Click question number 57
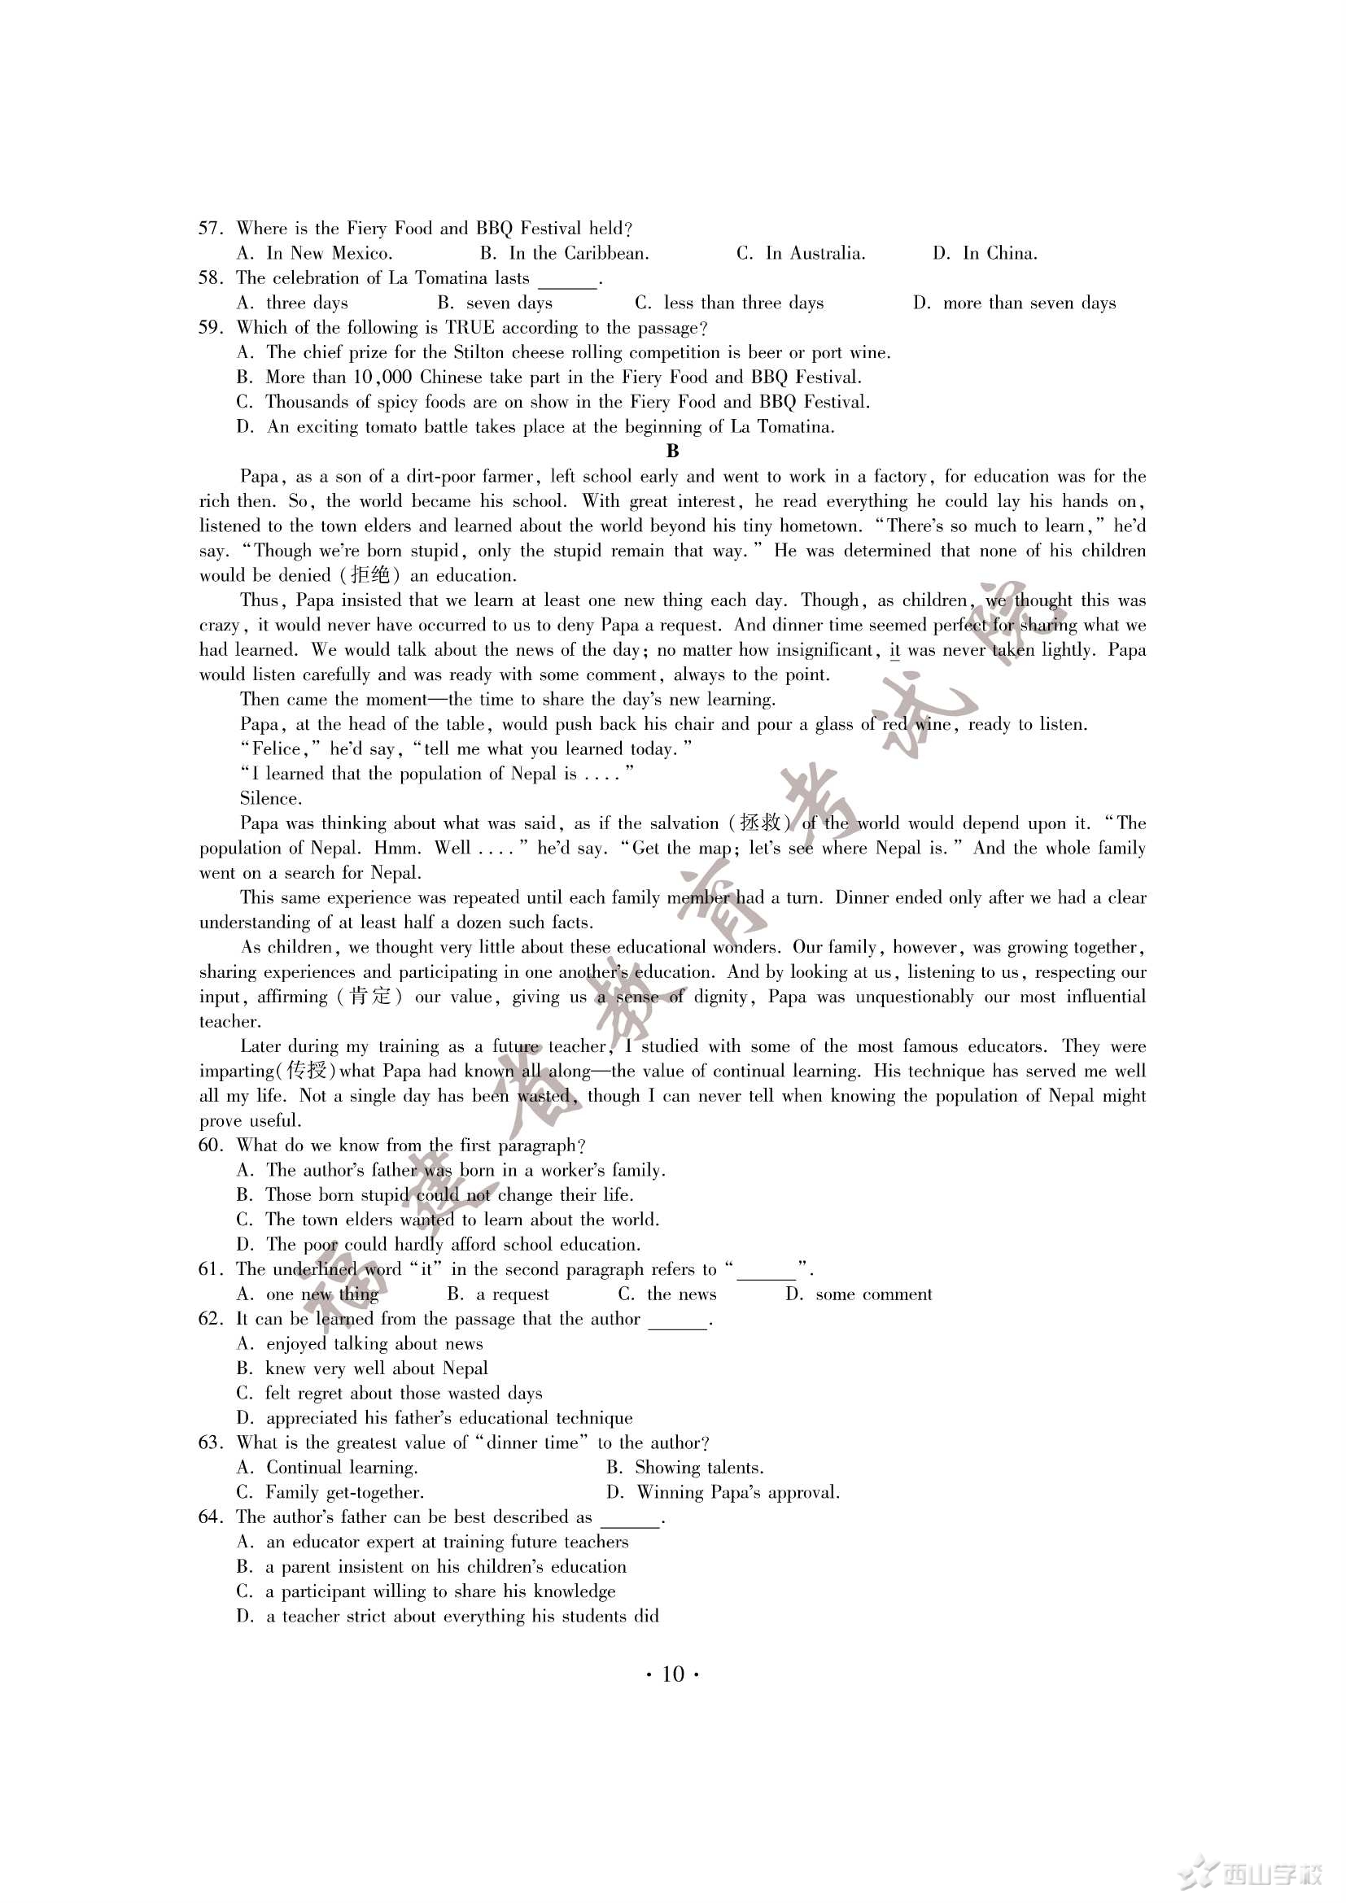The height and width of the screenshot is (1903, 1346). click(211, 229)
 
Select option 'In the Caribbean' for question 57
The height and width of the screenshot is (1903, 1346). click(578, 254)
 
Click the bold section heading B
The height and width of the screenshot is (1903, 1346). click(672, 452)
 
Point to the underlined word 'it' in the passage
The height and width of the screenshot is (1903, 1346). click(894, 651)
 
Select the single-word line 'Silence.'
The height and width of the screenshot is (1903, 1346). click(271, 799)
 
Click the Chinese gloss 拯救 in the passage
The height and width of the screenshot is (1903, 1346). click(759, 824)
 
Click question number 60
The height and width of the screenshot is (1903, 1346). click(211, 1146)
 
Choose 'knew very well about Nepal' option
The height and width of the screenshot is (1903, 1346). click(375, 1369)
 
